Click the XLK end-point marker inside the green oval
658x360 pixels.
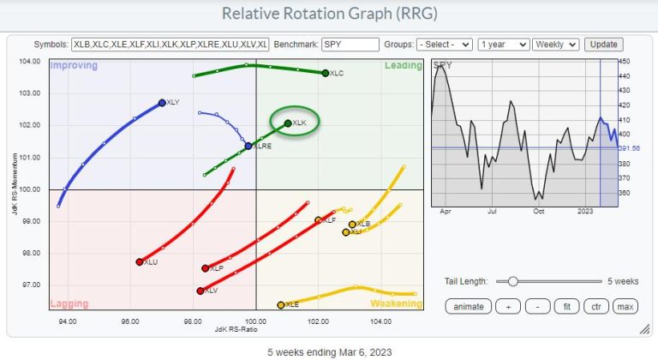(x=287, y=123)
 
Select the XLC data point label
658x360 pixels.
(x=337, y=75)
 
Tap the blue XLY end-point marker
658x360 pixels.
(x=162, y=103)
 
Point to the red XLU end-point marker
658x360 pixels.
(x=139, y=262)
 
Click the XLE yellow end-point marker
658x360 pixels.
(x=281, y=304)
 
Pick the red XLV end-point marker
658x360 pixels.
(x=200, y=291)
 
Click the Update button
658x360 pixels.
(x=603, y=44)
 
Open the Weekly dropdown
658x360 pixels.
(x=555, y=44)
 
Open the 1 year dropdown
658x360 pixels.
(x=502, y=44)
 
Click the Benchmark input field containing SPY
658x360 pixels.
(x=350, y=44)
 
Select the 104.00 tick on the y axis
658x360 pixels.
(x=32, y=61)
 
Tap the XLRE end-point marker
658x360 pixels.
(x=248, y=146)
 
